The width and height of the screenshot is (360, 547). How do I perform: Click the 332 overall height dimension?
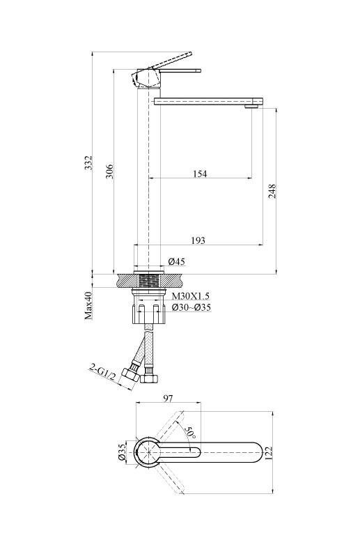[x=88, y=163]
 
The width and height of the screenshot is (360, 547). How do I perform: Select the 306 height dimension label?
[x=109, y=171]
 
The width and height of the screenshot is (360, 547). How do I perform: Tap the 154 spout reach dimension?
[x=200, y=174]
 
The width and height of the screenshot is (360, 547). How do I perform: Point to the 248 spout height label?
[x=272, y=192]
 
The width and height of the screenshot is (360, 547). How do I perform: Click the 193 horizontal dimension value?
[x=198, y=240]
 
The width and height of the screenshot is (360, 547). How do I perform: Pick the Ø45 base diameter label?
[x=176, y=261]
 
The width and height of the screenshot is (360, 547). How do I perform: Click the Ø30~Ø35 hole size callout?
[x=191, y=307]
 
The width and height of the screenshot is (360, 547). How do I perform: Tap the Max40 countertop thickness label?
[x=88, y=306]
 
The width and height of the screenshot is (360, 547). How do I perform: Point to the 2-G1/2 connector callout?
[x=103, y=372]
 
